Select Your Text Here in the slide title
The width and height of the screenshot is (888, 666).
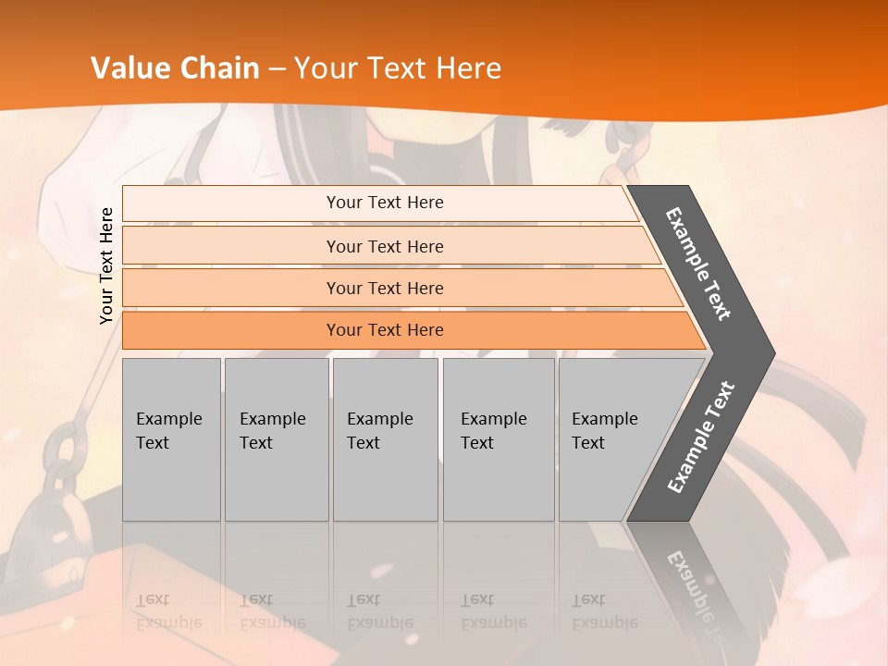tap(398, 68)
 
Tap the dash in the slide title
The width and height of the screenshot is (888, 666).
tap(277, 69)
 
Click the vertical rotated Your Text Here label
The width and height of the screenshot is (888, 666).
tap(106, 265)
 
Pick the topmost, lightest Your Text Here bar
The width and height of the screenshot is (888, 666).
tap(384, 203)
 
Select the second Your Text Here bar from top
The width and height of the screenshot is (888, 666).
tap(384, 246)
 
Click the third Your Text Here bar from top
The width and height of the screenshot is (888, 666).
tap(384, 288)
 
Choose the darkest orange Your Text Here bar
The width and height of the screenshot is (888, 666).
tap(384, 330)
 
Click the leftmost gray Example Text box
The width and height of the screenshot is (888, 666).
tap(171, 438)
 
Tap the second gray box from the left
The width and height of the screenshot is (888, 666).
tap(276, 438)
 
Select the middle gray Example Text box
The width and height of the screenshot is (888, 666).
tap(385, 438)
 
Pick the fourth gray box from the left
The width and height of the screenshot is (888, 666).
tap(499, 438)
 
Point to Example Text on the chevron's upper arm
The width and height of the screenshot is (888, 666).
tap(699, 264)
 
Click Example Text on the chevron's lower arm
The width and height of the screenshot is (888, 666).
tap(701, 438)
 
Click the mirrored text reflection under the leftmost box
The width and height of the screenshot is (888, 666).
tap(168, 611)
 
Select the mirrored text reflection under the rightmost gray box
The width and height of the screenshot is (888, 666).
tap(604, 611)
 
